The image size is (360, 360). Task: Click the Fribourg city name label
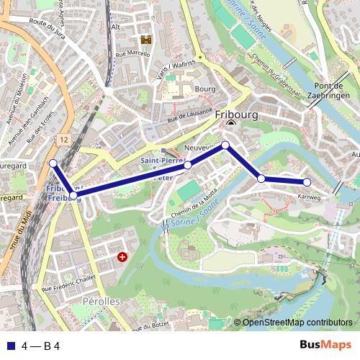click(x=240, y=114)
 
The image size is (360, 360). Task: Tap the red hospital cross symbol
click(x=122, y=256)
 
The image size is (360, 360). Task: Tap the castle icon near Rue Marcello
click(x=146, y=40)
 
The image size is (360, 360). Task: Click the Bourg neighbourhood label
click(x=205, y=89)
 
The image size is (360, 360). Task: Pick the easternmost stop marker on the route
click(x=307, y=182)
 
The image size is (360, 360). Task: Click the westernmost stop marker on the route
click(x=53, y=163)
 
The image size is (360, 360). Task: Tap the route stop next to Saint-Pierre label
click(x=188, y=165)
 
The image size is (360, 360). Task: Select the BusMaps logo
click(x=325, y=345)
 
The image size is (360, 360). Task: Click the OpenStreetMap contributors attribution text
click(x=297, y=323)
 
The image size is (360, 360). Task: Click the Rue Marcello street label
click(x=132, y=54)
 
